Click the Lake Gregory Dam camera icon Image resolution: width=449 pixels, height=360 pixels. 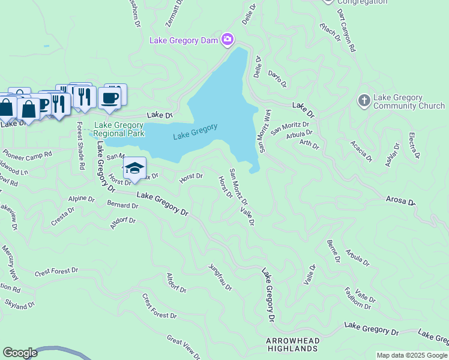click(x=227, y=40)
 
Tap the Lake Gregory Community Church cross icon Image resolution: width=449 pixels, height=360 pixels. click(x=364, y=101)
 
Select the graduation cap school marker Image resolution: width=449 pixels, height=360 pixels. click(x=135, y=169)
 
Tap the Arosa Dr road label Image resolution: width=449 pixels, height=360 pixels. click(x=400, y=200)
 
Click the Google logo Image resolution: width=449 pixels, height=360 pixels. click(x=20, y=353)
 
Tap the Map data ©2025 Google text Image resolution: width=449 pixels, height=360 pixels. click(x=412, y=355)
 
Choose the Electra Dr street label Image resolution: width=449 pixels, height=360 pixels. click(x=414, y=146)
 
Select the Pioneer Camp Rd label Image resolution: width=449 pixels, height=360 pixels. click(x=28, y=154)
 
